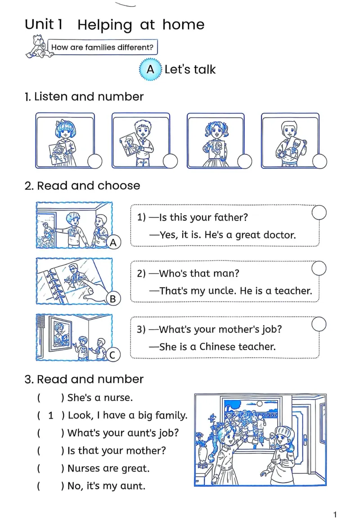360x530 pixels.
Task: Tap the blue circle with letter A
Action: point(150,70)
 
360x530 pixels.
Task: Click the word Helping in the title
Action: point(105,25)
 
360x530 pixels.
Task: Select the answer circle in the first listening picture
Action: point(95,161)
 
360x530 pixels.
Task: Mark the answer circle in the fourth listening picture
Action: point(320,161)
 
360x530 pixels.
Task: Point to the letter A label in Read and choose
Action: point(113,243)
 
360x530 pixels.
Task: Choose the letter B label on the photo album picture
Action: point(113,299)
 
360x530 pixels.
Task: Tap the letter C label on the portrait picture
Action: point(113,355)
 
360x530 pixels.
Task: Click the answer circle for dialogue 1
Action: point(319,212)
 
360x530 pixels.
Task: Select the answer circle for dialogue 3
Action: point(319,324)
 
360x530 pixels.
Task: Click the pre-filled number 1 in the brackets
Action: point(50,415)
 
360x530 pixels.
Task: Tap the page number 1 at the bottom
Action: point(335,515)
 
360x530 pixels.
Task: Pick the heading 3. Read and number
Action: point(84,379)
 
